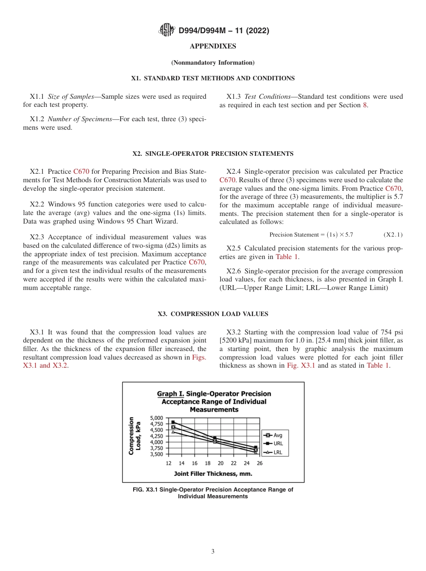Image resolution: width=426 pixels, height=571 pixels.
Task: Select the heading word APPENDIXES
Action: click(213, 46)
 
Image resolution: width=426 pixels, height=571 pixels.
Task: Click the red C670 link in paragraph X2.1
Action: click(81, 171)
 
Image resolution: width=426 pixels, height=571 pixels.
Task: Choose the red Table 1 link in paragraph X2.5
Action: click(287, 257)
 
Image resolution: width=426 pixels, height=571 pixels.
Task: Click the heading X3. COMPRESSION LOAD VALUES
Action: click(213, 314)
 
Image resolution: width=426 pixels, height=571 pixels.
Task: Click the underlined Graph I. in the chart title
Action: click(170, 394)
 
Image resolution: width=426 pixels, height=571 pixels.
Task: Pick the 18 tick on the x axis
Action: click(208, 463)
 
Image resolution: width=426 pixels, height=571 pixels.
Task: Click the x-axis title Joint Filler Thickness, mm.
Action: click(213, 474)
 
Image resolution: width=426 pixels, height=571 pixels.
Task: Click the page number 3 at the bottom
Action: click(213, 552)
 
